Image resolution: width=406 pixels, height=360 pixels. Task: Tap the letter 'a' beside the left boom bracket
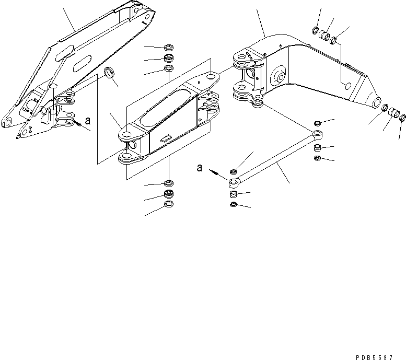point(87,120)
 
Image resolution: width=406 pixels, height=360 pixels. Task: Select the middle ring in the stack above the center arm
point(169,57)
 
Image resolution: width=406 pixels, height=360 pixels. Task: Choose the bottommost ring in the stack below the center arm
point(169,204)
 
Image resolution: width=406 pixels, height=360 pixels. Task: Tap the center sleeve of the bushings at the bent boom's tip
point(396,113)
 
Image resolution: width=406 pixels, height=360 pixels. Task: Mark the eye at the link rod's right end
point(317,135)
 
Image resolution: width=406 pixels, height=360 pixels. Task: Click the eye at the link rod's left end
point(233,182)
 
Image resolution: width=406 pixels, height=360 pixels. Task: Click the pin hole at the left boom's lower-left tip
point(8,123)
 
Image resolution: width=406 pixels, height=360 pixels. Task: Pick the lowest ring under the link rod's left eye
point(234,204)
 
